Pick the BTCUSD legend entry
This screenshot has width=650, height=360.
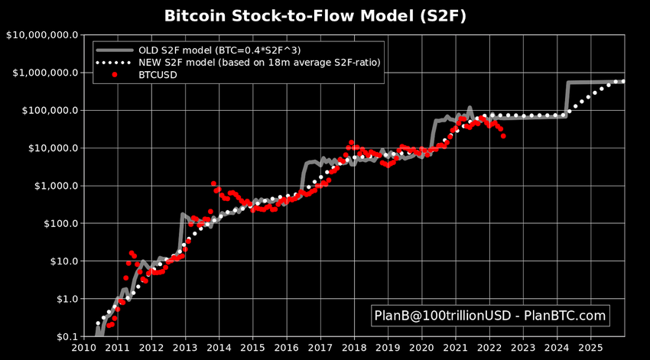(x=156, y=75)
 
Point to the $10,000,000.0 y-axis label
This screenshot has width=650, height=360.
(x=41, y=34)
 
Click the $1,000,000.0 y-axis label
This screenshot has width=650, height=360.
(x=44, y=72)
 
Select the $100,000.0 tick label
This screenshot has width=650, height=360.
(x=47, y=110)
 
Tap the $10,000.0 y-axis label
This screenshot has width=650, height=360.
(x=50, y=148)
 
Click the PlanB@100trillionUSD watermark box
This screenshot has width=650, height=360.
(x=489, y=315)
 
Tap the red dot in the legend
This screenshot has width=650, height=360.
(x=115, y=75)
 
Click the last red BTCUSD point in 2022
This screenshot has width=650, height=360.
(x=502, y=136)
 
